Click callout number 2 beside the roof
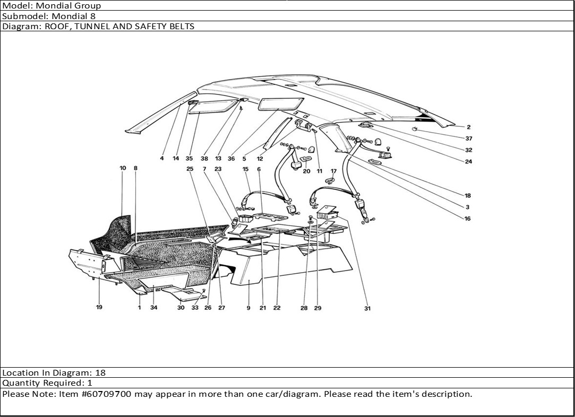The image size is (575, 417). [x=469, y=127]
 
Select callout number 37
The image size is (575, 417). [x=469, y=138]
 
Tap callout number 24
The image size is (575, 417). [x=468, y=162]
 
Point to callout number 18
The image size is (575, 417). [x=467, y=196]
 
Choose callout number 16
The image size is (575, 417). [x=467, y=219]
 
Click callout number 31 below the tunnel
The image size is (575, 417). [x=367, y=308]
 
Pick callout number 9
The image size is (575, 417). [x=248, y=308]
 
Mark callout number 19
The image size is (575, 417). [x=99, y=307]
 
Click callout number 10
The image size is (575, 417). [x=123, y=168]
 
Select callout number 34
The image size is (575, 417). [x=154, y=308]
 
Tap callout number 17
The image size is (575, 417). [x=333, y=171]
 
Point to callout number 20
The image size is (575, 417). [x=306, y=171]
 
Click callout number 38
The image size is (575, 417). [x=204, y=158]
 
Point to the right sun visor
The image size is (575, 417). [x=281, y=103]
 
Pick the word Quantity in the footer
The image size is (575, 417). [x=19, y=383]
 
